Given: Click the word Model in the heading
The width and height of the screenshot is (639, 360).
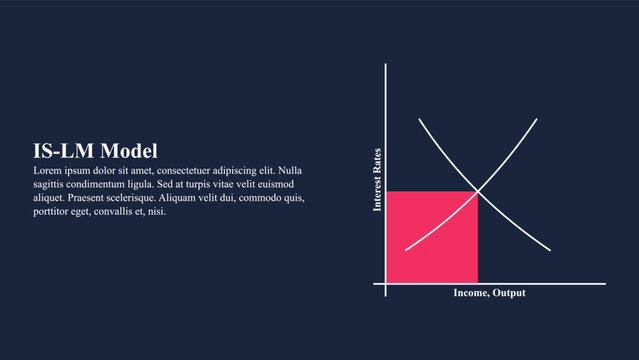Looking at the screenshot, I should tap(129, 152).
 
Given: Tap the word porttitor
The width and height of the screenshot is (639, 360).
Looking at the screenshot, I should tap(55, 211).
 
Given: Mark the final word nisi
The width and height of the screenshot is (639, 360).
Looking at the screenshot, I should tap(157, 211).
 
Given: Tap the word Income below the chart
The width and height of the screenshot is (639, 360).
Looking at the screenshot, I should tap(469, 293).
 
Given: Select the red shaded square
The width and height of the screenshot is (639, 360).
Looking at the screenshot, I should tap(431, 237).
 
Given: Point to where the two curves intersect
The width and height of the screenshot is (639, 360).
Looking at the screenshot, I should tap(478, 191).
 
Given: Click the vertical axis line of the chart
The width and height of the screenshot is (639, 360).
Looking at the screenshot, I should tap(385, 120).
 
